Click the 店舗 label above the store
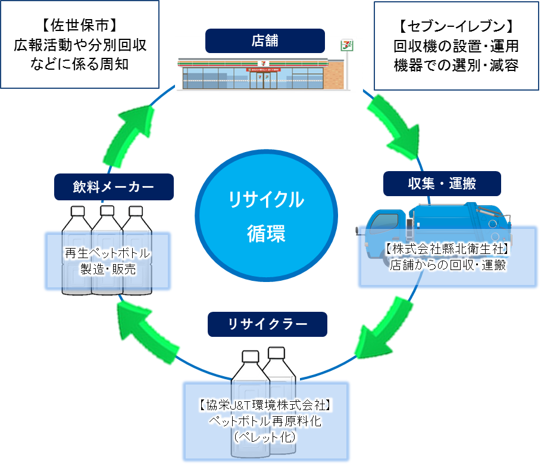pyautogui.click(x=265, y=41)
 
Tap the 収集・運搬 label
pyautogui.click(x=442, y=184)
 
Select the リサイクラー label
pyautogui.click(x=268, y=324)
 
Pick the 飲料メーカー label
pyautogui.click(x=113, y=187)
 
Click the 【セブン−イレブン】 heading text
pyautogui.click(x=456, y=26)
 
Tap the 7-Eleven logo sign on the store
pyautogui.click(x=345, y=45)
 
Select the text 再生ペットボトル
pyautogui.click(x=107, y=253)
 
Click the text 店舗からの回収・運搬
pyautogui.click(x=448, y=266)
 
